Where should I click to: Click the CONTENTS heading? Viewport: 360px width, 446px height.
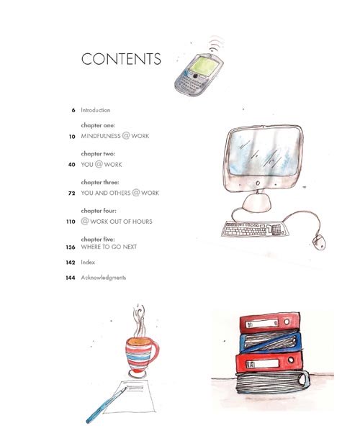121,59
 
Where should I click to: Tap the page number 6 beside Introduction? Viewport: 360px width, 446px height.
73,110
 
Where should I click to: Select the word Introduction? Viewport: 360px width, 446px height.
95,110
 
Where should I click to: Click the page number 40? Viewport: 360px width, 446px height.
72,165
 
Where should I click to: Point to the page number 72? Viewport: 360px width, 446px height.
72,193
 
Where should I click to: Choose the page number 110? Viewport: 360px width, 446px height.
71,222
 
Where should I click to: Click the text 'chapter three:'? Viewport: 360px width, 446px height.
100,182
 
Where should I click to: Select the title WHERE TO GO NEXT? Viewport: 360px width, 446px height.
109,247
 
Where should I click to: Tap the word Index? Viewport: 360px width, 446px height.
88,262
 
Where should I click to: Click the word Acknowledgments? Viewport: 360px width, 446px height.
103,278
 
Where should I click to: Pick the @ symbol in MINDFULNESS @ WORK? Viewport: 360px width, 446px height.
126,135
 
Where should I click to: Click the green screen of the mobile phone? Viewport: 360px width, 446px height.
204,65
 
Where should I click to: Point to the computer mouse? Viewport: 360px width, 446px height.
319,242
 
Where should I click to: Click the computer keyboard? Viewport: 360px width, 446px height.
256,229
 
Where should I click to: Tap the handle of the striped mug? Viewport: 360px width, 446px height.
153,352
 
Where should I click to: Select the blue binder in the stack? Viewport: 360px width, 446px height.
270,342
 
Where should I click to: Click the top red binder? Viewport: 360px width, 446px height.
269,322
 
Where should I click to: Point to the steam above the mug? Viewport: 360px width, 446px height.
139,321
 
